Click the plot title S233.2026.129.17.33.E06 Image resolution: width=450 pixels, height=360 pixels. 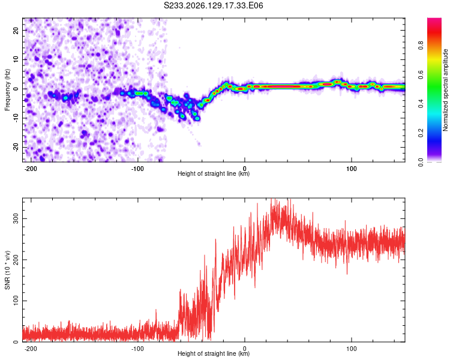[213, 5]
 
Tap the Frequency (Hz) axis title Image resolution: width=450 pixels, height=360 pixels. [7, 90]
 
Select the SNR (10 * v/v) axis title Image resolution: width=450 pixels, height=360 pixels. [7, 270]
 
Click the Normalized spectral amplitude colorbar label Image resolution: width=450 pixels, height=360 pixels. [445, 90]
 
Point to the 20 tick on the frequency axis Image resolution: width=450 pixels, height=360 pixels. [16, 30]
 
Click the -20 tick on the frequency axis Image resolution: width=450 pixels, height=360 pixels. [16, 147]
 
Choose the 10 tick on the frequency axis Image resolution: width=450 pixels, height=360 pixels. [16, 59]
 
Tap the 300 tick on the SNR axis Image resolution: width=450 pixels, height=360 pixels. [16, 219]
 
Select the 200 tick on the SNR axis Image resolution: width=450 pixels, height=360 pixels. [16, 260]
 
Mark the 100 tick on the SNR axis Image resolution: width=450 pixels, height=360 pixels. [16, 301]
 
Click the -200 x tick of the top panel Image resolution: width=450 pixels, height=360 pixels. [30, 169]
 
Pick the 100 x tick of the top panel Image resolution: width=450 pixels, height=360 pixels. [351, 169]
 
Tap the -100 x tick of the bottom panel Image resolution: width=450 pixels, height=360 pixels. [137, 349]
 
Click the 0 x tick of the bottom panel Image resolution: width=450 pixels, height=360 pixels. [245, 349]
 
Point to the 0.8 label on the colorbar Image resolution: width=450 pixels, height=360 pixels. [421, 46]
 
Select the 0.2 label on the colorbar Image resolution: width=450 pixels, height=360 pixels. [421, 133]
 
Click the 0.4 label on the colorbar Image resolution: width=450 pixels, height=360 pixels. [421, 104]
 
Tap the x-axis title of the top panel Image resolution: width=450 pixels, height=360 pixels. [214, 173]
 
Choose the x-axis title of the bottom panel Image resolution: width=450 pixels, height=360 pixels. [214, 353]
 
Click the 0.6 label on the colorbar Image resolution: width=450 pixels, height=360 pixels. [421, 74]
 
